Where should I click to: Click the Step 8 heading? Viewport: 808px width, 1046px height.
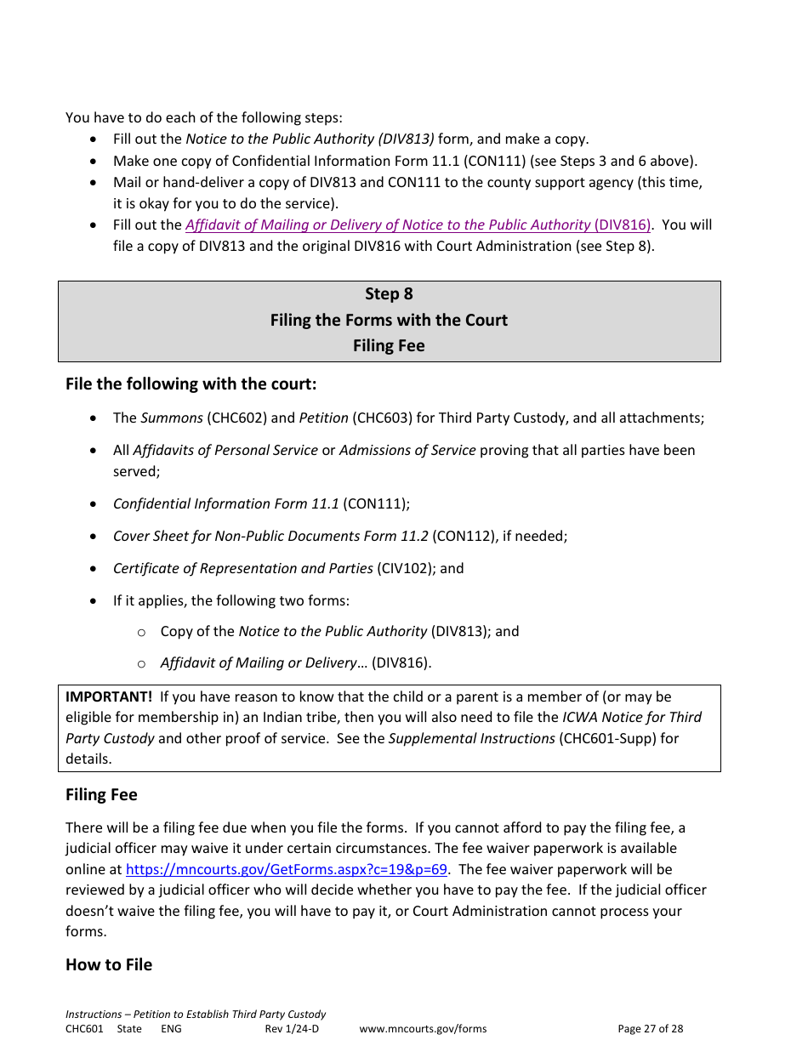click(x=389, y=293)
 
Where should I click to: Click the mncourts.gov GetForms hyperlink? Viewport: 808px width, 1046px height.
click(x=287, y=869)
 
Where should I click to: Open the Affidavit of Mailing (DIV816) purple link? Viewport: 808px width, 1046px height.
click(x=418, y=225)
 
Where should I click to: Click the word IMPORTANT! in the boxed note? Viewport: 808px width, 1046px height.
click(x=109, y=696)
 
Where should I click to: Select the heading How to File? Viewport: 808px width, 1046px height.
click(x=109, y=964)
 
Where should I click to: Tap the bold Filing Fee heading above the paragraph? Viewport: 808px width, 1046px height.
click(x=101, y=794)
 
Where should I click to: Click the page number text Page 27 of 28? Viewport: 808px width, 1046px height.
click(x=650, y=1028)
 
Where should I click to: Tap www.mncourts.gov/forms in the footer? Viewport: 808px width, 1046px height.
click(x=423, y=1028)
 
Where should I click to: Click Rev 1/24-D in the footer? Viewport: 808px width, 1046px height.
click(x=292, y=1028)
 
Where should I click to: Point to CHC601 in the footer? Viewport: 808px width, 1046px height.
click(x=84, y=1028)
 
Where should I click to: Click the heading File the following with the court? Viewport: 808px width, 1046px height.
click(x=191, y=384)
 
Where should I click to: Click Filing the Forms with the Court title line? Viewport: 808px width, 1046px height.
click(x=389, y=320)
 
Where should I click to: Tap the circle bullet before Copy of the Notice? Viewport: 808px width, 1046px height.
click(x=142, y=632)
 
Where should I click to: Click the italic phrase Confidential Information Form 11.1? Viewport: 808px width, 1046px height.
click(x=225, y=503)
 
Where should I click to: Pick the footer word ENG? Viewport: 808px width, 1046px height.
click(x=171, y=1028)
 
